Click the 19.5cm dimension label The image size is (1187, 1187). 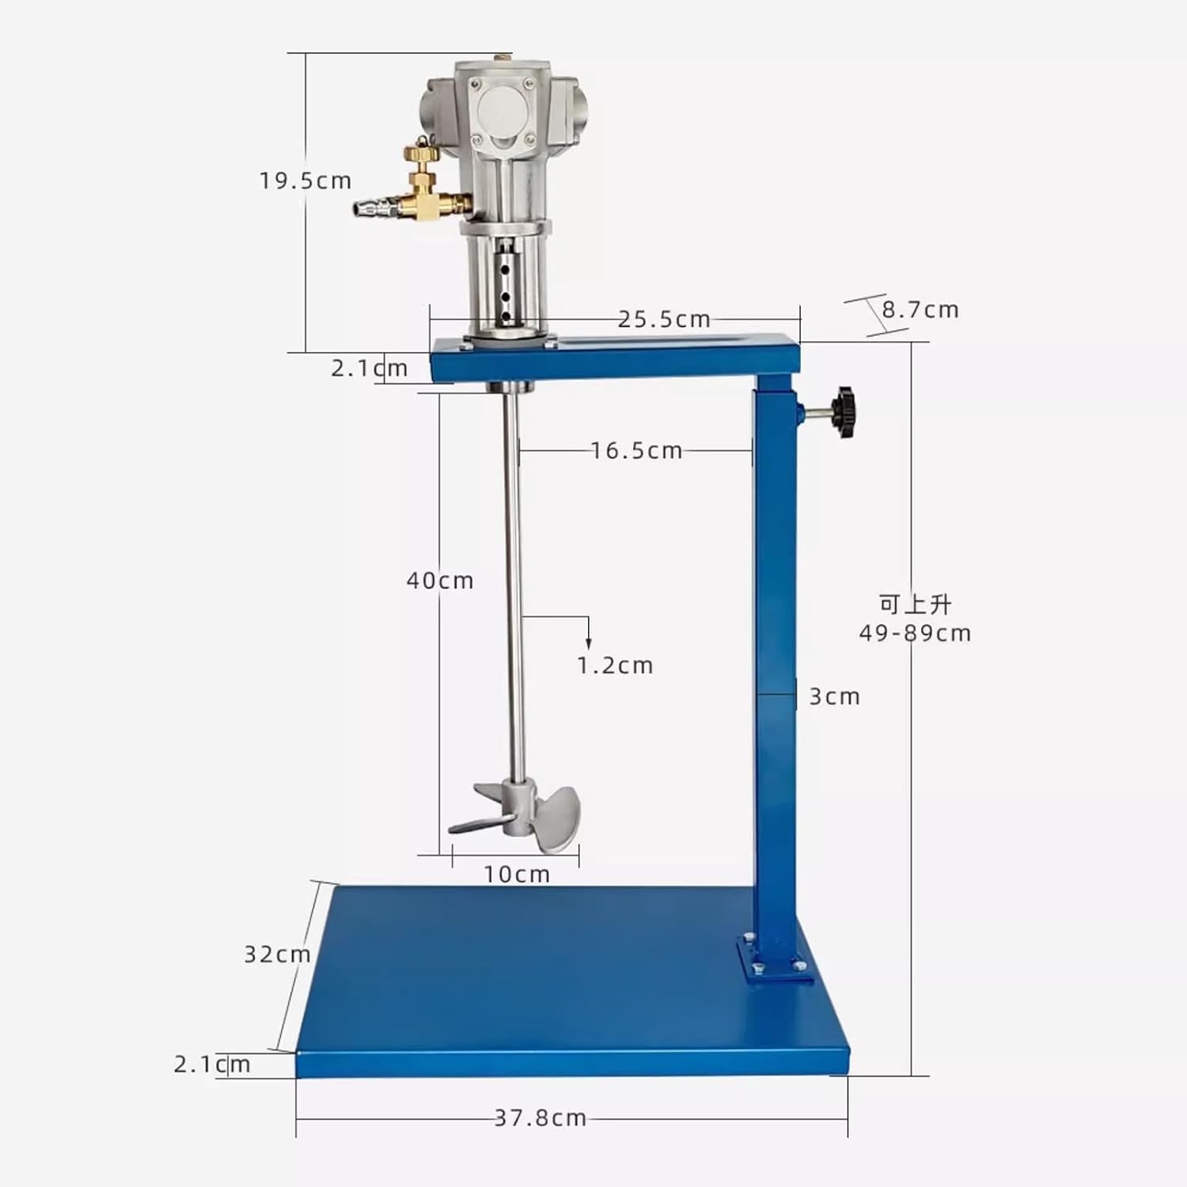[x=305, y=181]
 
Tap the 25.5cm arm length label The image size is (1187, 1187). [x=664, y=320]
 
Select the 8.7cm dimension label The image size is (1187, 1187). [x=920, y=310]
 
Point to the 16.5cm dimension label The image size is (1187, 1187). [x=636, y=451]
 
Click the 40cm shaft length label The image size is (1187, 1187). [x=440, y=581]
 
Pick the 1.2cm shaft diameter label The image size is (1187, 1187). [x=615, y=666]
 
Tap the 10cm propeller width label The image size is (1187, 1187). [x=517, y=874]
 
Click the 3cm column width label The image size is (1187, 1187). [x=834, y=697]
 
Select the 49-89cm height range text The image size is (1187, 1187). [x=915, y=634]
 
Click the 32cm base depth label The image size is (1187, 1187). [x=277, y=955]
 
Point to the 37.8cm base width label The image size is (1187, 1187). [x=540, y=1118]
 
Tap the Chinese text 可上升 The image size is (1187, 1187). [x=915, y=605]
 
